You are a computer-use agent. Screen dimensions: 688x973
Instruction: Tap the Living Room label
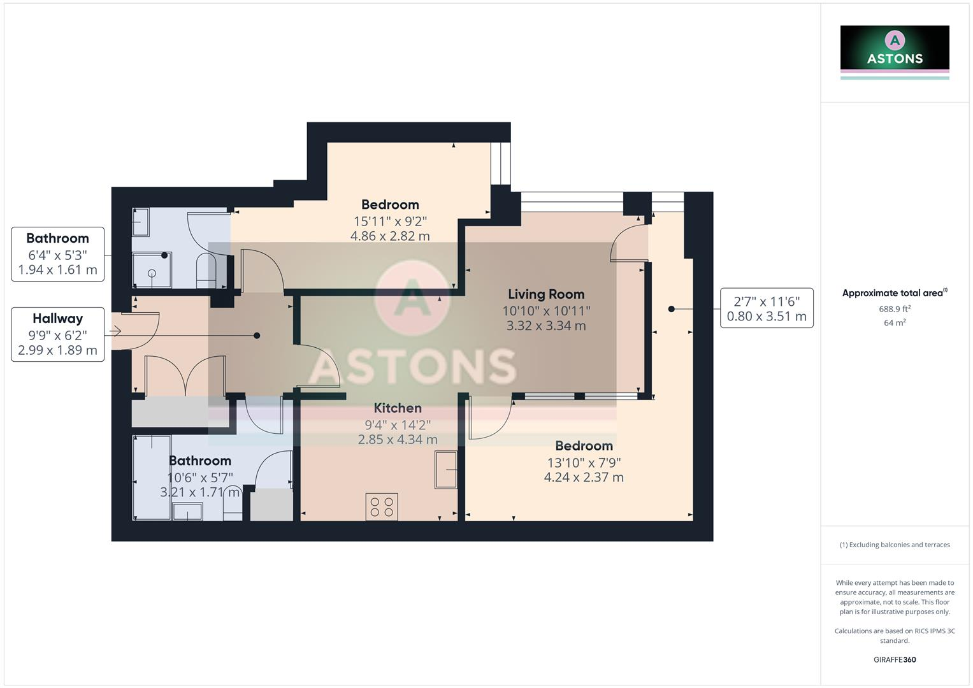[x=546, y=294]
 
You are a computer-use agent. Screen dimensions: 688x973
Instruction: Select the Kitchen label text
[x=398, y=408]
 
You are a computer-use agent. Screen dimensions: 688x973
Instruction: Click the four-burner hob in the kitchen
[x=381, y=507]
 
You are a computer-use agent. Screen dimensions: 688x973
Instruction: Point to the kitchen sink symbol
[x=446, y=469]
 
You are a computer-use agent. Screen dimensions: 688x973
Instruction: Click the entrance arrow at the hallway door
[x=115, y=331]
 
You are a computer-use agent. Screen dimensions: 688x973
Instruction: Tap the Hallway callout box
[x=58, y=334]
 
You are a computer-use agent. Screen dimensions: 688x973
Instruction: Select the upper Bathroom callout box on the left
[x=58, y=254]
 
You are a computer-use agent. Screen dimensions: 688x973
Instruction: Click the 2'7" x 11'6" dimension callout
[x=767, y=308]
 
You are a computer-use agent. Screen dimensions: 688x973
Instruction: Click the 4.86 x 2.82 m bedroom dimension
[x=390, y=236]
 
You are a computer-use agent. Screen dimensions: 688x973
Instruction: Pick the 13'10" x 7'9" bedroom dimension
[x=584, y=462]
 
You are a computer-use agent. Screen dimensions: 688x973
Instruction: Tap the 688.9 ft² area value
[x=895, y=309]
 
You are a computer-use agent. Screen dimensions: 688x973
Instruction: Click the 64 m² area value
[x=895, y=323]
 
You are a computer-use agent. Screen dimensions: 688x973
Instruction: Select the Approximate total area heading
[x=894, y=293]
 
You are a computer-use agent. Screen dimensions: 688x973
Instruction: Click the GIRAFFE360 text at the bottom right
[x=895, y=660]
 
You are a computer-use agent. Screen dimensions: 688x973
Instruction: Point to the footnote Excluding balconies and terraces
[x=895, y=545]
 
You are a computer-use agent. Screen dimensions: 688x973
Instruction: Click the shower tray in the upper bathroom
[x=152, y=271]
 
